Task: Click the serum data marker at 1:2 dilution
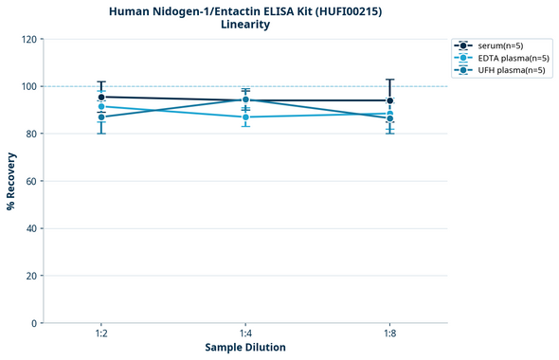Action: click(x=101, y=97)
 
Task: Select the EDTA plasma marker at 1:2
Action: click(x=101, y=106)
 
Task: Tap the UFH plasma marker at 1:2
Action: click(x=101, y=117)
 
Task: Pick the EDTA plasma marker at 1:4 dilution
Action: click(x=245, y=117)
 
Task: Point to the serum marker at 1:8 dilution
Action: click(x=389, y=100)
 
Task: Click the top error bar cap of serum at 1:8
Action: click(x=389, y=80)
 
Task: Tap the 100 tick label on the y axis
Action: click(x=30, y=86)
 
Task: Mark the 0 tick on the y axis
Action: click(x=36, y=323)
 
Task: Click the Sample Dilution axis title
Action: click(x=245, y=348)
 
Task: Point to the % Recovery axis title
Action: click(x=11, y=180)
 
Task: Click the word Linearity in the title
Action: click(x=245, y=25)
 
